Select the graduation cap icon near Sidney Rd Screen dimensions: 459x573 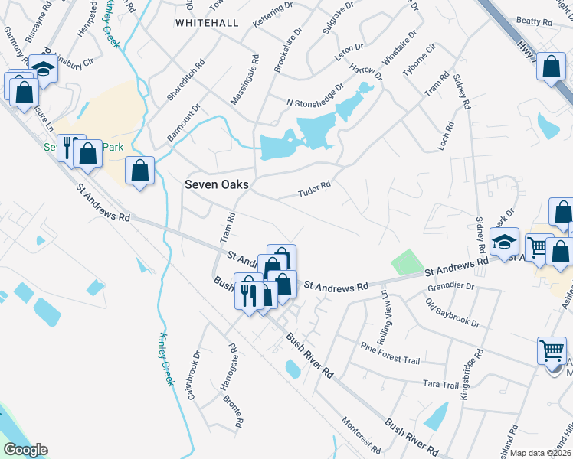(x=505, y=243)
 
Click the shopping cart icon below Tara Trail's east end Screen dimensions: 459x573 (x=552, y=351)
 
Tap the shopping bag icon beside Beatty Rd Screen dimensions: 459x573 (x=551, y=67)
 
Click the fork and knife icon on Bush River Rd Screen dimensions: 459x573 (x=247, y=292)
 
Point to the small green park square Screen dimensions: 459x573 (x=407, y=262)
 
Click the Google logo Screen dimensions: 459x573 (x=25, y=450)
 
